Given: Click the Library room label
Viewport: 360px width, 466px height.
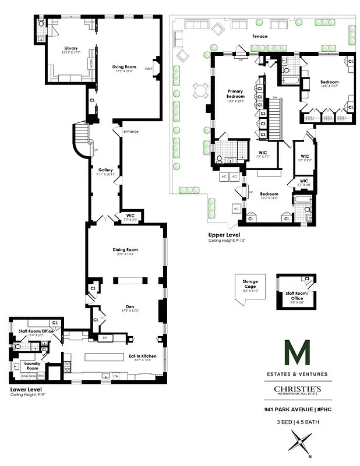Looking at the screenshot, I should click(x=71, y=48).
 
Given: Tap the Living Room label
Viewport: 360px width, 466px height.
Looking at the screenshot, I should click(x=123, y=67).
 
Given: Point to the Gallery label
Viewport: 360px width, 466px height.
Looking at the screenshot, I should click(x=105, y=170).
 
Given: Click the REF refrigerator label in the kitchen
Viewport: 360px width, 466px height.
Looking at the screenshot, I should click(x=105, y=337).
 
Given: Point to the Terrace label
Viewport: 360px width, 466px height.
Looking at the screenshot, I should click(x=260, y=36).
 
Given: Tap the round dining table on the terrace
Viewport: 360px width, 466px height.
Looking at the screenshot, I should click(x=201, y=90).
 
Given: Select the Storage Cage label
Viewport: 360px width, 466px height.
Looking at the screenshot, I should click(x=250, y=284).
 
